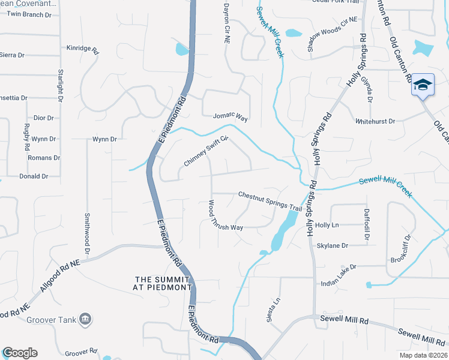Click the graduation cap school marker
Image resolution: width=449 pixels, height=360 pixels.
pyautogui.click(x=423, y=85)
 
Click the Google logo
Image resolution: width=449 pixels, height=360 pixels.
pyautogui.click(x=20, y=353)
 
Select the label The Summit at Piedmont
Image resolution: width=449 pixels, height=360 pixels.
pyautogui.click(x=163, y=283)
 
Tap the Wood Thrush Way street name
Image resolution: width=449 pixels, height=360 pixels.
pyautogui.click(x=225, y=216)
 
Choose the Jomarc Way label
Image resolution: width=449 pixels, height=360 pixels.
pyautogui.click(x=231, y=116)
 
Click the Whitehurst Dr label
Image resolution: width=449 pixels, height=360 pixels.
pyautogui.click(x=375, y=121)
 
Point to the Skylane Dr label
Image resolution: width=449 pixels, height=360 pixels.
pyautogui.click(x=333, y=246)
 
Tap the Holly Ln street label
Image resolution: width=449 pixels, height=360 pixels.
pyautogui.click(x=327, y=225)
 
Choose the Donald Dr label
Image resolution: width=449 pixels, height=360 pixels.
pyautogui.click(x=34, y=176)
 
